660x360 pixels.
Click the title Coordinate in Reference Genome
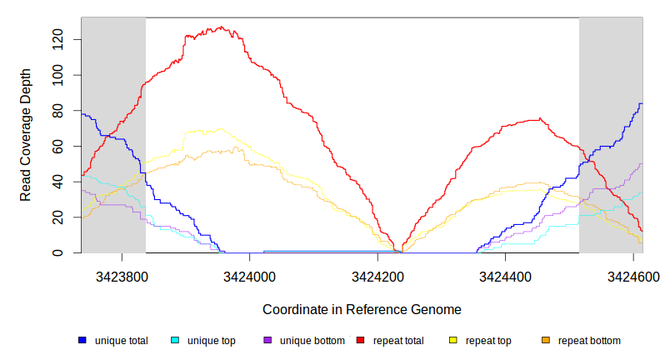(362, 309)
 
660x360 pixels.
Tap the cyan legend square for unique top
(175, 341)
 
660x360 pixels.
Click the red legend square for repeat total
(361, 341)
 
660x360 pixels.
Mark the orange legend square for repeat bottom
(546, 341)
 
